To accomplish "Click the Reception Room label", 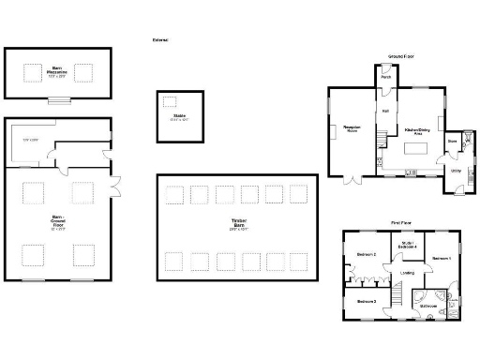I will point(352,127).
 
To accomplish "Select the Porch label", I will point(386,78).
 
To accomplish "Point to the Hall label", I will point(385,111).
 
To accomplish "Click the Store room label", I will point(451,142).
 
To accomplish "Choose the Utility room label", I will point(456,171).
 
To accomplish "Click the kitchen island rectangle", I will point(412,149).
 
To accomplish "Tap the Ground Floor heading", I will point(401,57).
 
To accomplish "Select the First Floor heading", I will point(402,223).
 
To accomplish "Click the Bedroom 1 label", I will point(442,257).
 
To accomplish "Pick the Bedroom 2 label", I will point(367,254).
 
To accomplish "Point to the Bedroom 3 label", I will point(367,301).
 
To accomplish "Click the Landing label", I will point(408,273).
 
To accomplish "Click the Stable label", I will point(178,117).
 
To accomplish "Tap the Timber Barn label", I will point(238,223).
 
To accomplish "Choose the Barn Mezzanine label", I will point(58,71).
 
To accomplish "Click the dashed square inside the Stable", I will point(170,101).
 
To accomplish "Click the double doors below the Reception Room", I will point(353,178).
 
